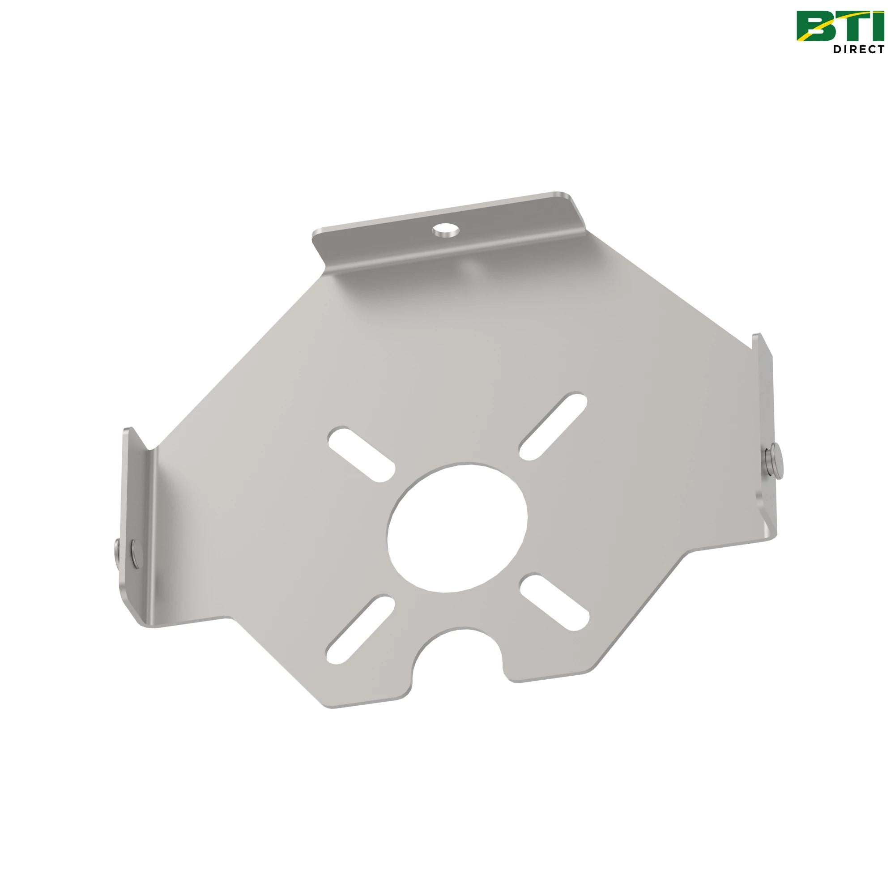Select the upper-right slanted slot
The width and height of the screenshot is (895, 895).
(x=553, y=421)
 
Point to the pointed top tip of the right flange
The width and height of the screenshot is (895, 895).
(x=755, y=334)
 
